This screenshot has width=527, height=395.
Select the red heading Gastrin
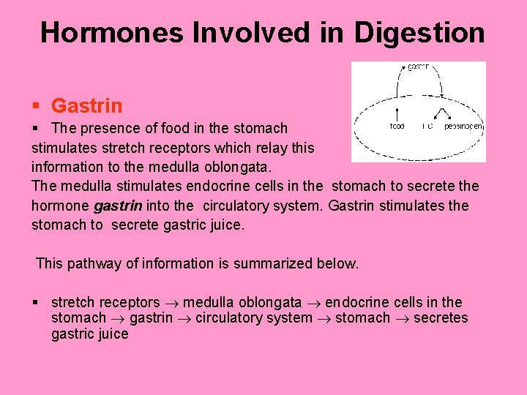pyautogui.click(x=87, y=106)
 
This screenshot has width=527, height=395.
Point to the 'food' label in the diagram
pyautogui.click(x=396, y=127)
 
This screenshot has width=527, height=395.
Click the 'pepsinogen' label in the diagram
pyautogui.click(x=463, y=127)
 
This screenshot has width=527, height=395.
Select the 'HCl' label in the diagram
pyautogui.click(x=427, y=127)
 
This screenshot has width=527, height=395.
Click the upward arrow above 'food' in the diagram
pyautogui.click(x=396, y=114)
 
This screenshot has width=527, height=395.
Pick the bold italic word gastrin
pyautogui.click(x=118, y=206)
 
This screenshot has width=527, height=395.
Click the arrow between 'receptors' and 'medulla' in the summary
pyautogui.click(x=172, y=303)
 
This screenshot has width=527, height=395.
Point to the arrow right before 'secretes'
pyautogui.click(x=402, y=318)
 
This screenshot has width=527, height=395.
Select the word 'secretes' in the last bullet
pyautogui.click(x=441, y=318)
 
